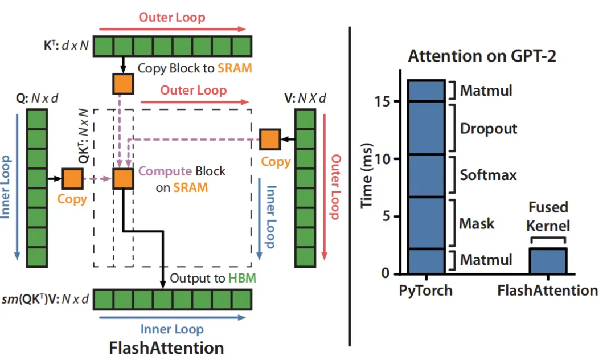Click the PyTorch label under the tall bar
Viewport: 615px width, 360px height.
coord(426,291)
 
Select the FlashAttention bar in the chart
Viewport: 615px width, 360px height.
coord(547,261)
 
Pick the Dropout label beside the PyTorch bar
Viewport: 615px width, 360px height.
coord(489,128)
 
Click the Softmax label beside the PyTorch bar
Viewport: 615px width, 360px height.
coord(488,174)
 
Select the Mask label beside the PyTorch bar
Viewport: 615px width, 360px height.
coord(477,223)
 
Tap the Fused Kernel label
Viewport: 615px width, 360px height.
coord(548,216)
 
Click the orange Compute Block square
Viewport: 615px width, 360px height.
coord(123,178)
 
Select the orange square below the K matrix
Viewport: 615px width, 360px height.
coord(123,84)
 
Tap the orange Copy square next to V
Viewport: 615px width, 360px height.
coord(270,139)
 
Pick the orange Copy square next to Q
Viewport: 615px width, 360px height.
coord(72,179)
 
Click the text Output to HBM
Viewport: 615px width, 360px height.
coord(213,279)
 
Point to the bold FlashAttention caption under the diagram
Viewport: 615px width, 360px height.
coord(166,347)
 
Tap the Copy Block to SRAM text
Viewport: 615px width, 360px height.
coord(195,68)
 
